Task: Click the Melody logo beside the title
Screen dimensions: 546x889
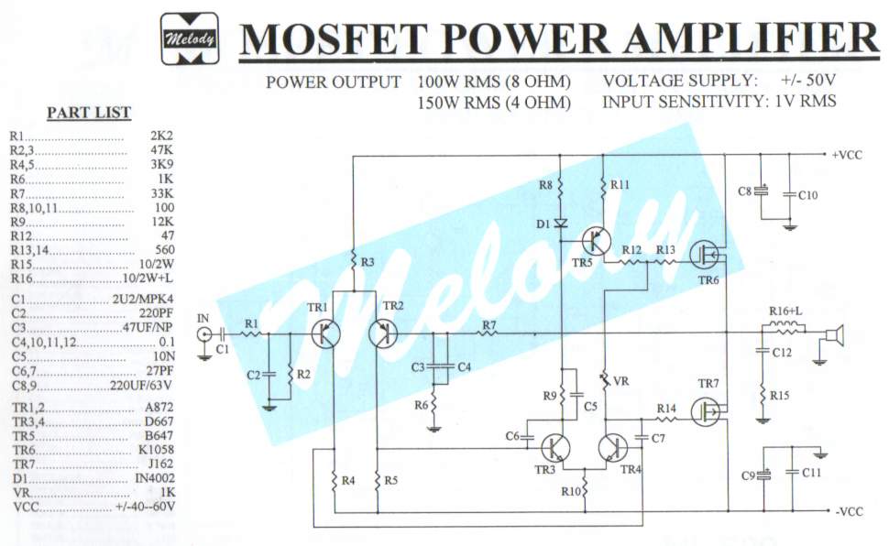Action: point(190,39)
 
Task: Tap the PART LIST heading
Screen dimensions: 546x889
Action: point(89,113)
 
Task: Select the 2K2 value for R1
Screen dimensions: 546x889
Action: point(161,135)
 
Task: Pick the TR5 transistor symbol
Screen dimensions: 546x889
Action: point(598,241)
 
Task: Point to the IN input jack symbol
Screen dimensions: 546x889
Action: point(203,334)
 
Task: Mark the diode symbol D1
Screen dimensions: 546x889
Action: point(561,222)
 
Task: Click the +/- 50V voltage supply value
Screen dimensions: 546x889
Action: point(809,81)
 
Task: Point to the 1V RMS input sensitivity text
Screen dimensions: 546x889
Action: point(803,102)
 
